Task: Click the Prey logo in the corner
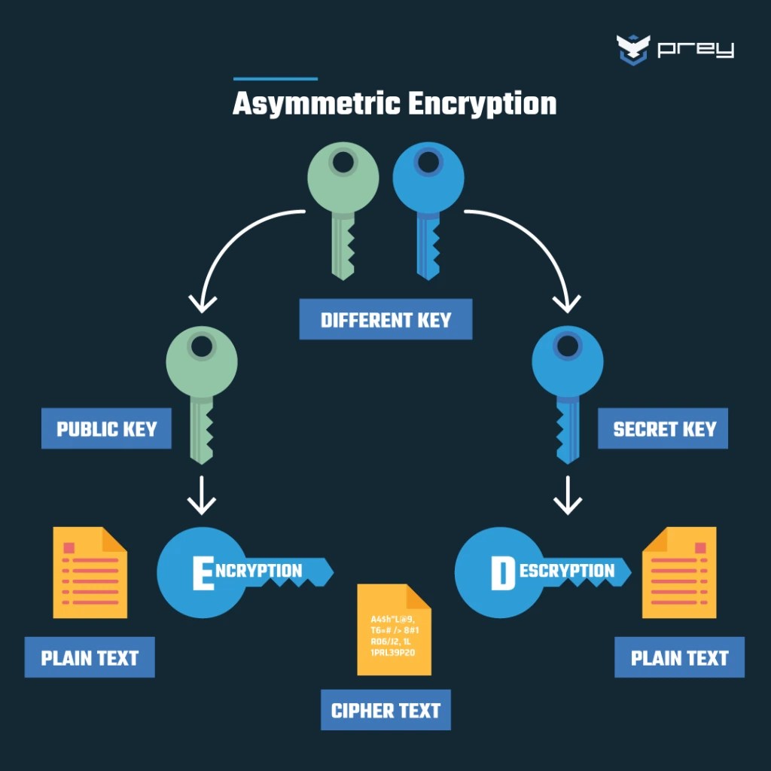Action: (x=674, y=50)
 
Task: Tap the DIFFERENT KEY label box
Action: (x=385, y=319)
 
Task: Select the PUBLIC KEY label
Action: (x=106, y=429)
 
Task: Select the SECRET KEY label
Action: (x=663, y=429)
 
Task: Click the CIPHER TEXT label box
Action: (x=385, y=710)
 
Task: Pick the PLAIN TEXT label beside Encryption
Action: (x=90, y=657)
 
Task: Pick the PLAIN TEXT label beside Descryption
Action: (x=679, y=657)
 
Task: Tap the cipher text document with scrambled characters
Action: (x=394, y=630)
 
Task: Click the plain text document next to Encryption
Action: (x=90, y=572)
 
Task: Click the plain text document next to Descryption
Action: (x=679, y=572)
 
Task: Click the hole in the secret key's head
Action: (x=567, y=346)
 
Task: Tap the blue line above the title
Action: (x=276, y=78)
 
